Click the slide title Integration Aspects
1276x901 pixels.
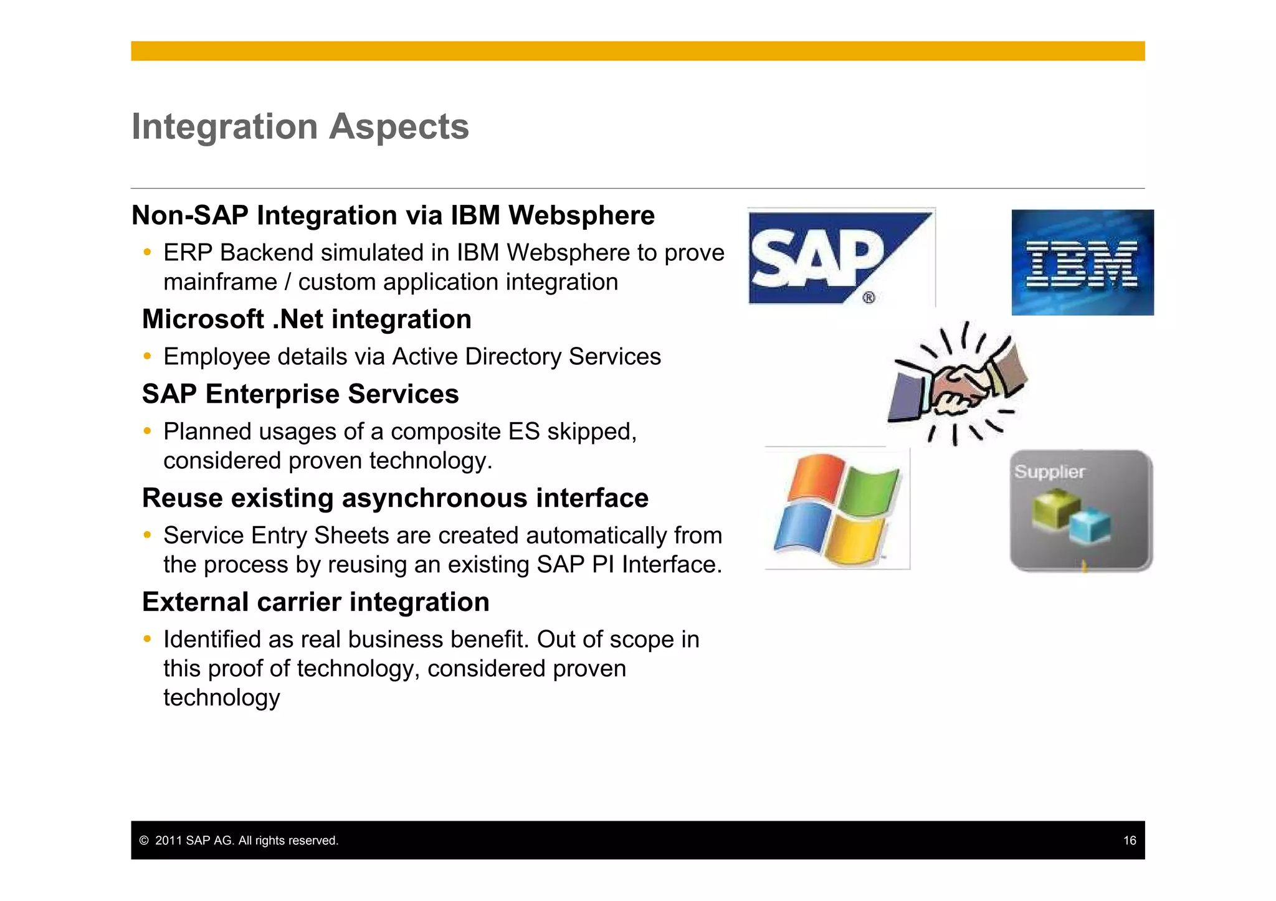[x=300, y=126]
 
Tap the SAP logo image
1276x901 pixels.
[x=840, y=257]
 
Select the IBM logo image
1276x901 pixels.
[x=1082, y=263]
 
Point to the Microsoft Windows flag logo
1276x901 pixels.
[x=837, y=509]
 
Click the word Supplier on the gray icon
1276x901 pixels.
[x=1049, y=472]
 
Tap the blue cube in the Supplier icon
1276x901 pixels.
[x=1090, y=526]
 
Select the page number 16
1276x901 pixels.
[x=1130, y=841]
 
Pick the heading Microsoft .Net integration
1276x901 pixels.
[x=307, y=319]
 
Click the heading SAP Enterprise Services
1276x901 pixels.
[x=300, y=394]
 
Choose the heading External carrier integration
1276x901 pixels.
[x=315, y=602]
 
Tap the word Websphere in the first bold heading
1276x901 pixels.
[x=581, y=215]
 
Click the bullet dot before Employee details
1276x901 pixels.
[x=147, y=356]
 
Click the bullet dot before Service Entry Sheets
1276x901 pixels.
[x=147, y=535]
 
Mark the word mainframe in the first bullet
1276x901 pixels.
[x=220, y=282]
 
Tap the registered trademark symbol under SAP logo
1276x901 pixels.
[x=869, y=298]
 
